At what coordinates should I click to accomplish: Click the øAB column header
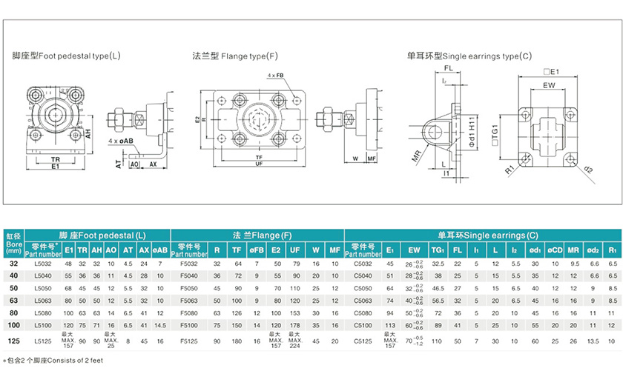click(x=160, y=250)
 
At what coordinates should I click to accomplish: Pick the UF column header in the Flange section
click(x=294, y=250)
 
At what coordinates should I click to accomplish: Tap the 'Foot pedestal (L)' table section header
click(x=102, y=235)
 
